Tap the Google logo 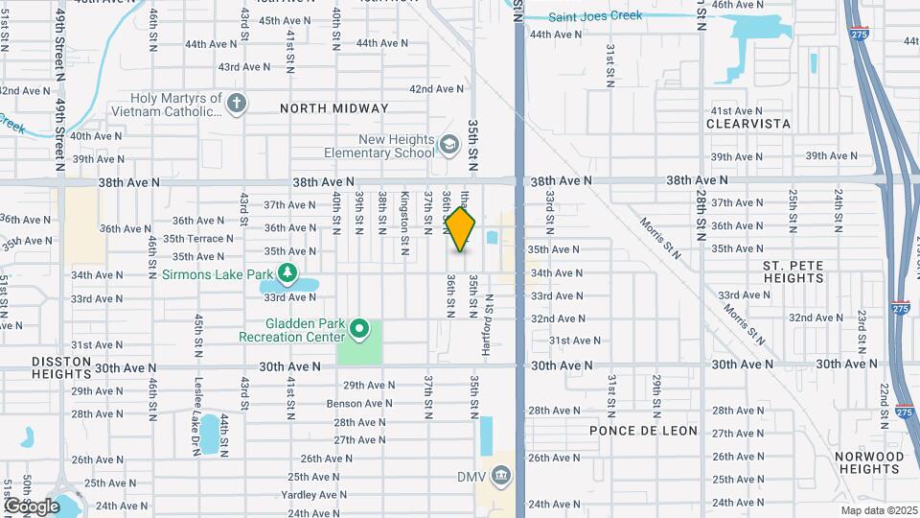32,506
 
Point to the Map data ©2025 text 879,510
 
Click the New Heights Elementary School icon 448,145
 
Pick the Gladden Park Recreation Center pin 359,330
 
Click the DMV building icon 502,474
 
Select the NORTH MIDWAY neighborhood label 334,108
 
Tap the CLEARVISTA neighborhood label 748,124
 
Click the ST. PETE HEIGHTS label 793,271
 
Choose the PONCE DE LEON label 643,431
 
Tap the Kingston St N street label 405,211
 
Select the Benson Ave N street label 356,404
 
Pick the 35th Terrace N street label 197,239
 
